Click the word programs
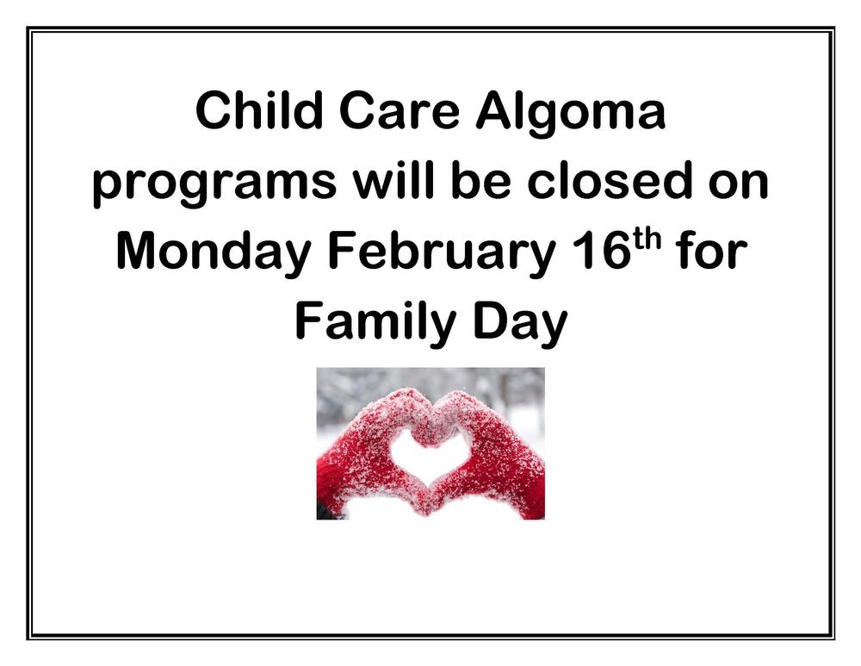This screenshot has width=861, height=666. click(x=215, y=186)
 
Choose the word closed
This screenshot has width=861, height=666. click(x=610, y=181)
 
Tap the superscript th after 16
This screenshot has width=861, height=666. click(x=647, y=240)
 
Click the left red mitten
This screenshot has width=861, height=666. click(x=368, y=456)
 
